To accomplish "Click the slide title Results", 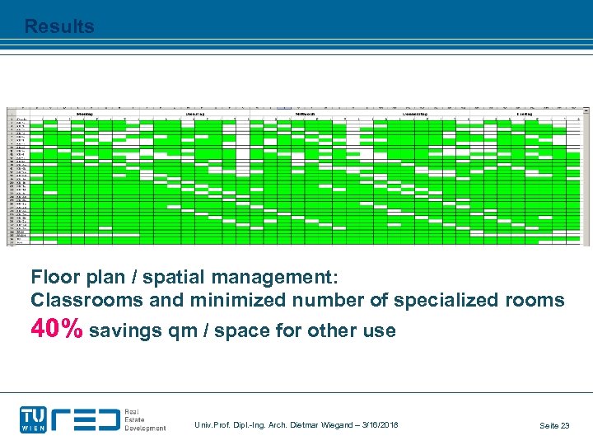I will point(59,26).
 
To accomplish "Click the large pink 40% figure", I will point(57,330).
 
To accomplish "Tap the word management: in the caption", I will point(278,274).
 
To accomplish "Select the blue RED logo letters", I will point(86,419).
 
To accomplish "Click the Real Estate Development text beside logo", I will point(145,420).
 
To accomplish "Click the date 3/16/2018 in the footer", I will point(376,424).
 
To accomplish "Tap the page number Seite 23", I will point(554,425).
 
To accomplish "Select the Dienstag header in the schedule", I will point(194,114).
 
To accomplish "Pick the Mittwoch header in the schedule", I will point(306,114).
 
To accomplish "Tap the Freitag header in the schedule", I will point(525,114).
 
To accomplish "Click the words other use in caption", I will point(362,331).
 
